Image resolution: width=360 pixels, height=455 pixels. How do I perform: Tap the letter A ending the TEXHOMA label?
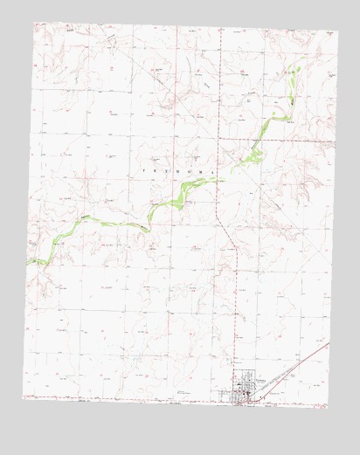(x=212, y=172)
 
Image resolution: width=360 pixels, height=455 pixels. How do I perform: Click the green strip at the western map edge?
(x=31, y=260)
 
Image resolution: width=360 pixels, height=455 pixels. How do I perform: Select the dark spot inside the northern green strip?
(x=283, y=102)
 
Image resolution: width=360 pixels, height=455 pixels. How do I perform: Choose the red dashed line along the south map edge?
(x=131, y=397)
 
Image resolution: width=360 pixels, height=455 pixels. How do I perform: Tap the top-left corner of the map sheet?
(x=33, y=24)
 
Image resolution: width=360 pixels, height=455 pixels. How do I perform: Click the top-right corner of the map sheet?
(x=336, y=32)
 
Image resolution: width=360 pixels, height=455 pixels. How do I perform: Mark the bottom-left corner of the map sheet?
(x=23, y=398)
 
